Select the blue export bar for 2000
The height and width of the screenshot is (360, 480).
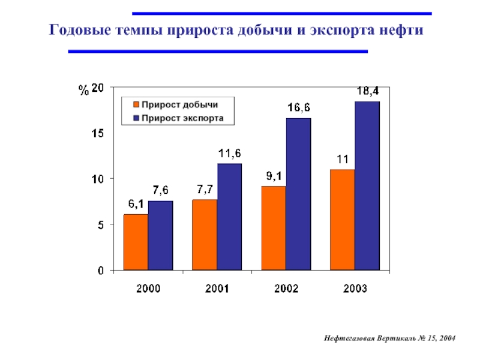pos(160,235)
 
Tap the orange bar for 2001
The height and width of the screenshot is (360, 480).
pos(205,235)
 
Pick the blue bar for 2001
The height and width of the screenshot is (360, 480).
pos(229,217)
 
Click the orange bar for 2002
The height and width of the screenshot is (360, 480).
pos(274,228)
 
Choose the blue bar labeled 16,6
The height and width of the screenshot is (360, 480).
pos(298,194)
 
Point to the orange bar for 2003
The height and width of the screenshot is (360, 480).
pos(343,220)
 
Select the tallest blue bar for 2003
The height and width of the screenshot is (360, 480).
pos(367,185)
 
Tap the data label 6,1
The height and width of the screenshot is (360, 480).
pos(135,204)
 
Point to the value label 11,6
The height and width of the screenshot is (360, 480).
pos(229,154)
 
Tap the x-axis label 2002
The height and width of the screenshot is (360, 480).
pos(286,288)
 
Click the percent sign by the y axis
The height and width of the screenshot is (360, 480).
pos(83,91)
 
